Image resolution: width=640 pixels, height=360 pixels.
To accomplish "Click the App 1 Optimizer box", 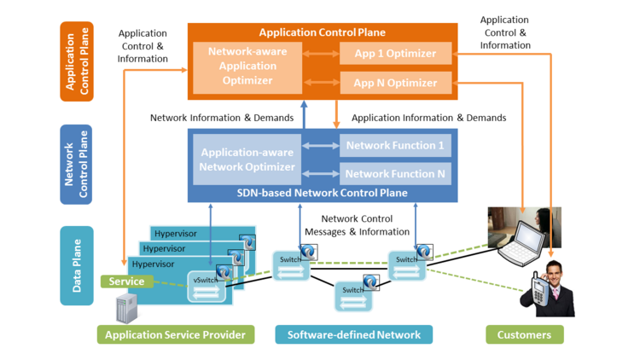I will pyautogui.click(x=395, y=54).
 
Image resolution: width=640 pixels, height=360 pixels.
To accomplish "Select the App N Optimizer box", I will pyautogui.click(x=395, y=83).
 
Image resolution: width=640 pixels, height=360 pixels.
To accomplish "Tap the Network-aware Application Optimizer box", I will pyautogui.click(x=247, y=67).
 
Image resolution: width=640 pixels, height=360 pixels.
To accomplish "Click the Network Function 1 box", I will pyautogui.click(x=395, y=146).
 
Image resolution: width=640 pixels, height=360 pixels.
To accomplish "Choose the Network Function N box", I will pyautogui.click(x=395, y=173).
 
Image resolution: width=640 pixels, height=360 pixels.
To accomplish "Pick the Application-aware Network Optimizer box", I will pyautogui.click(x=247, y=160).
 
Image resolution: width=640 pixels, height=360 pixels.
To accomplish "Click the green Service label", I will pyautogui.click(x=126, y=282).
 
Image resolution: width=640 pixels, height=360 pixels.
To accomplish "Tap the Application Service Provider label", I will pyautogui.click(x=175, y=334).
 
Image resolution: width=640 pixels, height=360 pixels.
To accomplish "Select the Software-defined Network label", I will pyautogui.click(x=353, y=334).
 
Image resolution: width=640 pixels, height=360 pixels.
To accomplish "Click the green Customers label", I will pyautogui.click(x=524, y=334).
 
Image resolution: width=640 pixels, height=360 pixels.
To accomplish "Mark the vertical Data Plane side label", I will pyautogui.click(x=77, y=265).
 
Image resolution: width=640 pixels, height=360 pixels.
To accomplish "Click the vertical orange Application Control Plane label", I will pyautogui.click(x=77, y=61).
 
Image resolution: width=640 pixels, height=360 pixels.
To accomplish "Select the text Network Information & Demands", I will pyautogui.click(x=222, y=118).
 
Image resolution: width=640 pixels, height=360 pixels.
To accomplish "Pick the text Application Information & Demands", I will pyautogui.click(x=428, y=118).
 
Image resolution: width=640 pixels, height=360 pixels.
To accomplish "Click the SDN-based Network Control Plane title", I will pyautogui.click(x=322, y=193).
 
